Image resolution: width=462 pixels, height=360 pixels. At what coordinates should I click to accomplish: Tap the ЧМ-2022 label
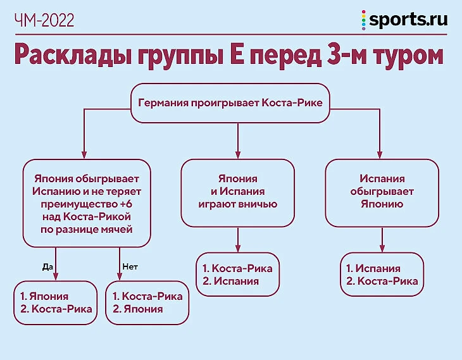(x=44, y=20)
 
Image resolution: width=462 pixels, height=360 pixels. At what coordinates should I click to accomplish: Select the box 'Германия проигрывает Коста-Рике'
(x=230, y=102)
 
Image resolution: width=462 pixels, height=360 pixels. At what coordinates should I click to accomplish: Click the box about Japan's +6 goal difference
(x=87, y=201)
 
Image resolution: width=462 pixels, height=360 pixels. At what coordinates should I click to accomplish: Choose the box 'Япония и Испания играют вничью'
(x=237, y=192)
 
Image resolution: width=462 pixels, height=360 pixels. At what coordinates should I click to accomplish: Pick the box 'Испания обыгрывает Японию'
(x=382, y=192)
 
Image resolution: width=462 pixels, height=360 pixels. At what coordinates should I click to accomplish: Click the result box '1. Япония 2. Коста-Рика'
(x=56, y=303)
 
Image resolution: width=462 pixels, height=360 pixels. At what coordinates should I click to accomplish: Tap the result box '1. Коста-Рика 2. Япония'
(x=147, y=303)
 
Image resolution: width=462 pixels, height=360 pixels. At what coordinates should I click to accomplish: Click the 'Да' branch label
(x=47, y=266)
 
